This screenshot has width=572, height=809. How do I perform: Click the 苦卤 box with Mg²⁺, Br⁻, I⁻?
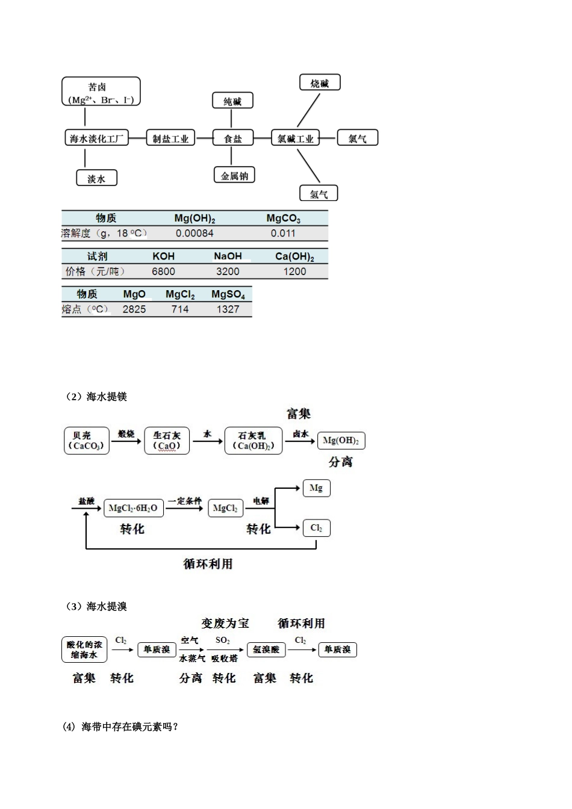(x=101, y=92)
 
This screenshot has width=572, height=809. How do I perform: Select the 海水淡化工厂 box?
(x=96, y=138)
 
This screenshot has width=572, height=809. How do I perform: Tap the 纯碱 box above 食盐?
(x=232, y=101)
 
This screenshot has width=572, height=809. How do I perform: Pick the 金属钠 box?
(x=234, y=176)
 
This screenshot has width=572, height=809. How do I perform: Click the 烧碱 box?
(x=320, y=83)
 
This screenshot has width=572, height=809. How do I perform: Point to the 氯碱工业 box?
(x=295, y=138)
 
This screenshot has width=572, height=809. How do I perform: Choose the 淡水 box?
(x=96, y=178)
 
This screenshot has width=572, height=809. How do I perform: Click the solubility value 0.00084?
(x=194, y=234)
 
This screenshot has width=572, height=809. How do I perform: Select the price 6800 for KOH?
(x=163, y=271)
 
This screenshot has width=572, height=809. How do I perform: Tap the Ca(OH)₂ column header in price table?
(x=294, y=256)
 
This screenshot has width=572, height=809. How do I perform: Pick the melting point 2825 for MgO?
(x=134, y=309)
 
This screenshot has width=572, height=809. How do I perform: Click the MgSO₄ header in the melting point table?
(x=228, y=294)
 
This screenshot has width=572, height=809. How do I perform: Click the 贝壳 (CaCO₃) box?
(x=87, y=441)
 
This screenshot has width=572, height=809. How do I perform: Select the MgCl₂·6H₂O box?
(x=133, y=509)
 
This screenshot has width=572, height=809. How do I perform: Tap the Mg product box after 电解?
(x=316, y=488)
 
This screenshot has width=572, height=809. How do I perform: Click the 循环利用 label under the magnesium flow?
(x=208, y=564)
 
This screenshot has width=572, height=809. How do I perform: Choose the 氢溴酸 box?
(x=266, y=650)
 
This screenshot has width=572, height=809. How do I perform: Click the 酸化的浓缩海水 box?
(x=84, y=650)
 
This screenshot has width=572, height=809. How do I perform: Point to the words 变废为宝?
(x=225, y=624)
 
